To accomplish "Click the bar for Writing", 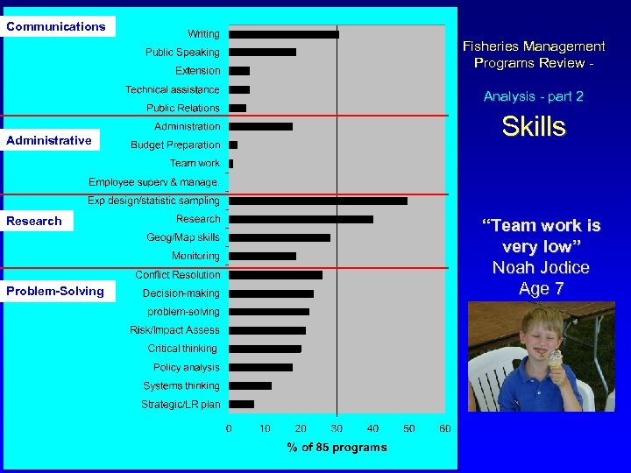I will click(284, 34).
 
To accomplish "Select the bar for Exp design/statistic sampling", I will click(318, 201).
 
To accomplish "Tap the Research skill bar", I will click(301, 219).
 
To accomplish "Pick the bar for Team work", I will click(231, 164).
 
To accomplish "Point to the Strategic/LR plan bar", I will click(242, 405).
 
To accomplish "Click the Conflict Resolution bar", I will click(275, 275).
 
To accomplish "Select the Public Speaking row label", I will click(182, 53).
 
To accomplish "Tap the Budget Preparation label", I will click(175, 145).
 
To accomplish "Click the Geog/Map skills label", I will click(183, 237).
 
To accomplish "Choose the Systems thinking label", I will click(181, 386).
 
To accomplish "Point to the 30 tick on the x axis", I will click(337, 428).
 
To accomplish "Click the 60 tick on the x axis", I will click(444, 428).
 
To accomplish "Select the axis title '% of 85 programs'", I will click(337, 448).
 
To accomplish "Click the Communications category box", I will click(56, 26).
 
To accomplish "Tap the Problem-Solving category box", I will click(55, 291).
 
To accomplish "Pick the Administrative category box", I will click(49, 140).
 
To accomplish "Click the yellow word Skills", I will click(534, 127).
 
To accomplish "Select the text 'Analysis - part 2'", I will click(533, 96).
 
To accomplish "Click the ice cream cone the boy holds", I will click(555, 361).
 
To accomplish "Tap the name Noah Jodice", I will click(541, 268).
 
